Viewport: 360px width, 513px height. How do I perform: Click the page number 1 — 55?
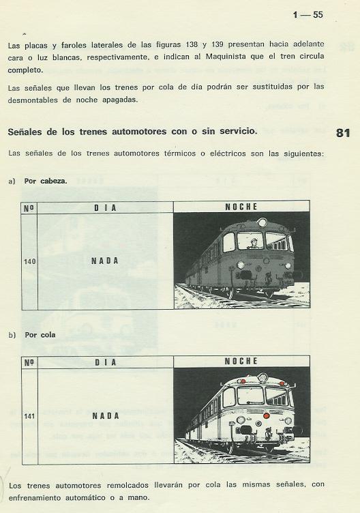[x=307, y=14]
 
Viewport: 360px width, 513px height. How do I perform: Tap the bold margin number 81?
[x=343, y=133]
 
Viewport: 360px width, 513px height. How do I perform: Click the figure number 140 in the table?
[x=29, y=261]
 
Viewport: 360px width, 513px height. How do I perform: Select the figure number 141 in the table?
[x=29, y=415]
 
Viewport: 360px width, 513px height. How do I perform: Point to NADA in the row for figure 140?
[x=105, y=261]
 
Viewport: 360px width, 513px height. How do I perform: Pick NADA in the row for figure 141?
[x=105, y=415]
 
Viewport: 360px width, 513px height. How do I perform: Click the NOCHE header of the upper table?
[x=241, y=207]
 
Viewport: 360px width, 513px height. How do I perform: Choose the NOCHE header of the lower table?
[x=241, y=361]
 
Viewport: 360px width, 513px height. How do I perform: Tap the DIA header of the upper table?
[x=105, y=207]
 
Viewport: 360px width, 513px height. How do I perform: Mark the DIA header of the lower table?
[x=105, y=362]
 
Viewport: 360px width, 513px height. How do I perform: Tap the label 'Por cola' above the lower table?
[x=40, y=335]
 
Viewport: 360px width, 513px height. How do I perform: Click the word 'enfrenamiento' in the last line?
[x=37, y=497]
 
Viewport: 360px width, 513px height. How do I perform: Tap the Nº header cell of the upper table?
[x=29, y=207]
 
